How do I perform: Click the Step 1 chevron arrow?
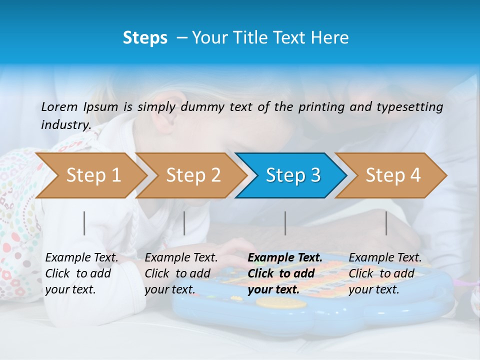pos(92,175)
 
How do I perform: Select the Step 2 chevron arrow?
pos(192,175)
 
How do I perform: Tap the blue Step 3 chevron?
pos(292,175)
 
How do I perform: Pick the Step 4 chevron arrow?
pos(392,175)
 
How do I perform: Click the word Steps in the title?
pos(145,37)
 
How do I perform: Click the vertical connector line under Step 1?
pos(84,223)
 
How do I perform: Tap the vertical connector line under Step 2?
pos(184,223)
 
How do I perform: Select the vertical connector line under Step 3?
pos(285,223)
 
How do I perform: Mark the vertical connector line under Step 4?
pos(386,223)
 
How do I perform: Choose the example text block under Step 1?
pos(81,273)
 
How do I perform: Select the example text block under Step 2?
pos(181,273)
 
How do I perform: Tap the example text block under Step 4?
pos(385,273)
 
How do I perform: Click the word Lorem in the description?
pos(59,106)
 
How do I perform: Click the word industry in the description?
pos(65,124)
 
